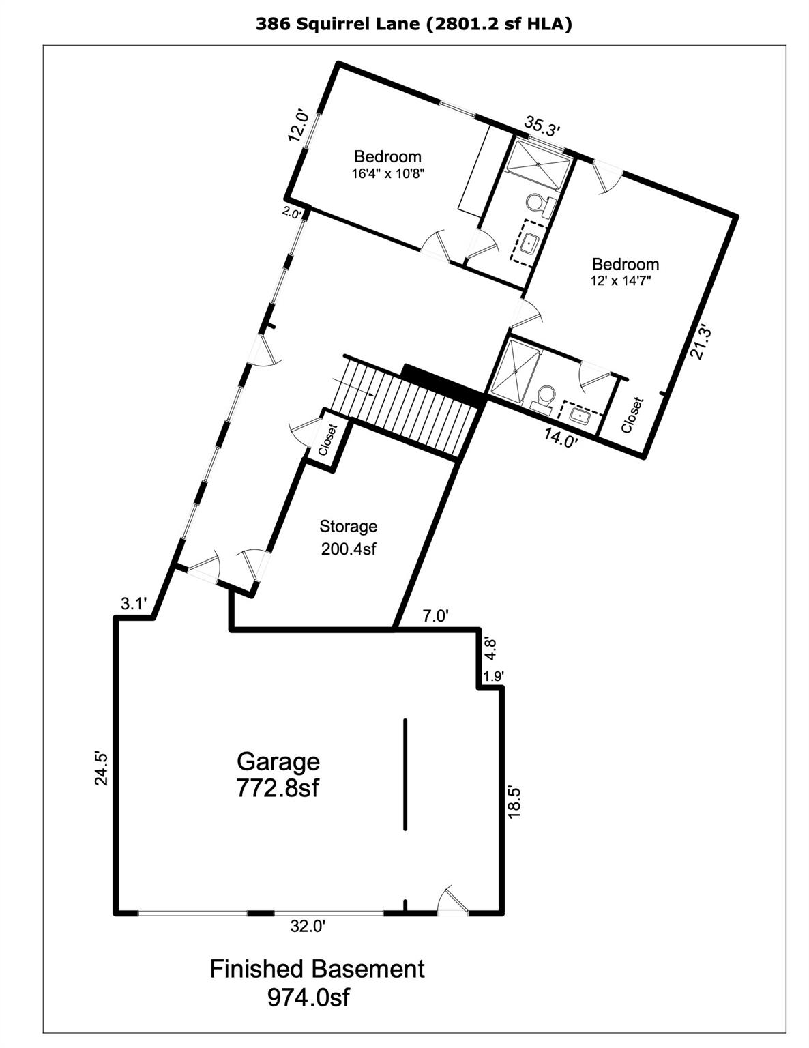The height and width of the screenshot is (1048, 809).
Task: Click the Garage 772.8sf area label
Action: point(278,774)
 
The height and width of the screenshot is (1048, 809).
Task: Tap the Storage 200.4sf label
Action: point(348,537)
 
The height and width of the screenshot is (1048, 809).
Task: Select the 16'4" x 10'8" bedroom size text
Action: point(388,173)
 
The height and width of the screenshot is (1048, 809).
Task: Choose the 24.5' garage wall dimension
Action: point(101,768)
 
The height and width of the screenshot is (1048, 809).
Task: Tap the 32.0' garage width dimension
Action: point(308,926)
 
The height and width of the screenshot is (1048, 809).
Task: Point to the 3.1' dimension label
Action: point(133,603)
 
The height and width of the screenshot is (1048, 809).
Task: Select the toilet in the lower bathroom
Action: point(546,397)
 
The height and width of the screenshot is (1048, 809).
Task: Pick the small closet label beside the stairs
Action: point(328,441)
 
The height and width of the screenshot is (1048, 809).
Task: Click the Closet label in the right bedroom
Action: point(632,416)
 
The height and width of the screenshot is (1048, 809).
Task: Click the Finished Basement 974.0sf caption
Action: point(317,982)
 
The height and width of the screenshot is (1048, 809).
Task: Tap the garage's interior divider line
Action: point(405,774)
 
